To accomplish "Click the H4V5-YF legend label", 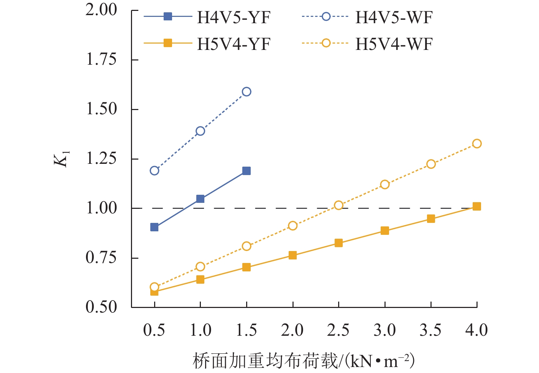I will [x=234, y=18].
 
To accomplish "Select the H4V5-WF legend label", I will [x=394, y=18].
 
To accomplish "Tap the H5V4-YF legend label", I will [x=234, y=44].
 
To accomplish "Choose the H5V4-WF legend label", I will [x=394, y=44].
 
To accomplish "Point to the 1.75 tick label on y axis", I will [x=101, y=60].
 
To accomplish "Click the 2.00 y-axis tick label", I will [x=101, y=10].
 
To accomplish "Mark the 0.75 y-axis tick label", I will [x=101, y=258].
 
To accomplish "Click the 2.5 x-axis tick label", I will [x=338, y=330].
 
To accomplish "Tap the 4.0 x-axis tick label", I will [x=476, y=330].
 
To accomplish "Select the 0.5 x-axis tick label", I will [x=154, y=330].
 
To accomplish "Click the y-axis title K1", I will [x=62, y=159].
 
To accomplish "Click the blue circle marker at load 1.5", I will [x=247, y=92].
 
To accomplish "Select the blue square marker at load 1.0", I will [x=200, y=199].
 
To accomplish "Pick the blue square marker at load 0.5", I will [x=154, y=227].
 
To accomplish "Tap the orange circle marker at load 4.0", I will [x=476, y=143].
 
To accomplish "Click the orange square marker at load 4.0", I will [x=476, y=206].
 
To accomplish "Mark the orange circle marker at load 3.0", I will [x=384, y=185].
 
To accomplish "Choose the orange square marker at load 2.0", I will [x=292, y=255].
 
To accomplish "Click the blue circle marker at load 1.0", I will [x=200, y=131].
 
